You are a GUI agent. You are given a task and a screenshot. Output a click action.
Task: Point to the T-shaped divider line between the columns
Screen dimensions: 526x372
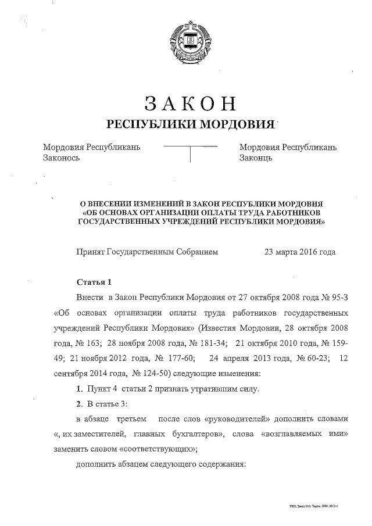[191, 153]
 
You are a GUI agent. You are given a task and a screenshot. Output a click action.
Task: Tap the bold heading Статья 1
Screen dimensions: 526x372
[94, 282]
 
